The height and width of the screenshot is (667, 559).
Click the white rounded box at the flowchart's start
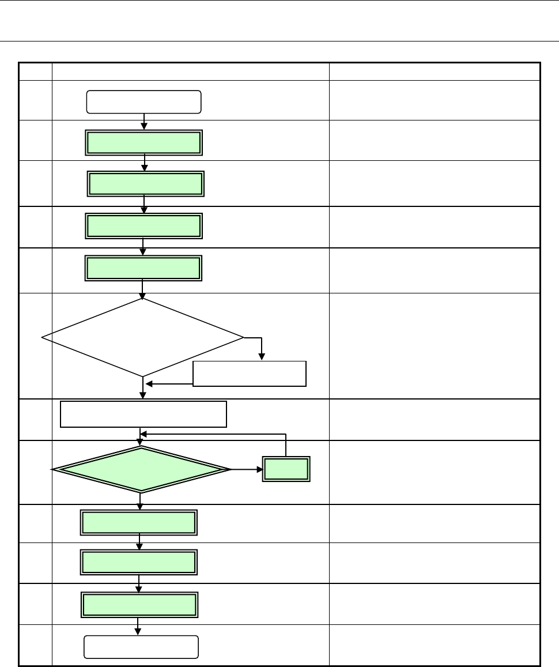click(143, 101)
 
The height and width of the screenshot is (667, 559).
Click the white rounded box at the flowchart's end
click(141, 647)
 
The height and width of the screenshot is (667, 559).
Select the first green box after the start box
click(144, 142)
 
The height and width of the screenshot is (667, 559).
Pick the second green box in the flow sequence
click(145, 183)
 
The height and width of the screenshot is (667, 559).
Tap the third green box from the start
click(143, 225)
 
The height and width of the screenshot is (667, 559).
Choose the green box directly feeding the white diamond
click(143, 268)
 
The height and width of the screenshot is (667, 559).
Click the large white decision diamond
click(143, 337)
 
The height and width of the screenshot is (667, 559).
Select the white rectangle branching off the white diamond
click(249, 374)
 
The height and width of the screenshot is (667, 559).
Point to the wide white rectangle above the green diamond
click(143, 414)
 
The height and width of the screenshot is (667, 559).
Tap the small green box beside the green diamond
click(286, 469)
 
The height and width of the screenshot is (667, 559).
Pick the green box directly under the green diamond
click(139, 522)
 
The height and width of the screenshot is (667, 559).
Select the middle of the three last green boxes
click(139, 562)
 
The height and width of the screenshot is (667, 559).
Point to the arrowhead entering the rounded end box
click(139, 632)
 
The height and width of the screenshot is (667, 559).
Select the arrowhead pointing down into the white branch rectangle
click(262, 358)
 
